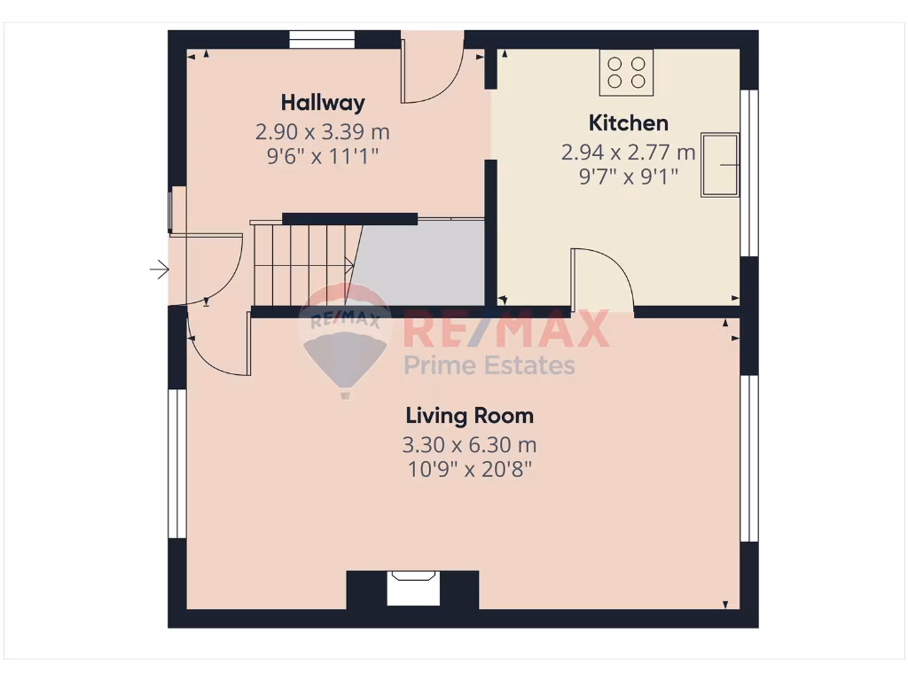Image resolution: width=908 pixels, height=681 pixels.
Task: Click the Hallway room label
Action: [323, 103]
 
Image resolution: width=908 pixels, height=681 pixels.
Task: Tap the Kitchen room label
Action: [628, 122]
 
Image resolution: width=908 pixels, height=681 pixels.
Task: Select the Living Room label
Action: [469, 415]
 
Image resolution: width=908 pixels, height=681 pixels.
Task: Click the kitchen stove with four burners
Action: [626, 72]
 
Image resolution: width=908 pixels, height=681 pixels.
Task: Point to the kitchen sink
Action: [720, 165]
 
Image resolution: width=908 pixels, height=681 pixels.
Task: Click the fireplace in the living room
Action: [414, 589]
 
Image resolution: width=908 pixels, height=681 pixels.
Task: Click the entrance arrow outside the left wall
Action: [160, 269]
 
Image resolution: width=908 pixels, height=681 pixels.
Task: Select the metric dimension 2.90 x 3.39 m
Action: [323, 132]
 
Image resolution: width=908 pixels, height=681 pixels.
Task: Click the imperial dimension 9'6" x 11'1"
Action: [323, 156]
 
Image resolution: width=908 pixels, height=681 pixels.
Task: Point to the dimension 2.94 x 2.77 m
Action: [628, 153]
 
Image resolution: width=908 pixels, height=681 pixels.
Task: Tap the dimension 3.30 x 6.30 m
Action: [469, 444]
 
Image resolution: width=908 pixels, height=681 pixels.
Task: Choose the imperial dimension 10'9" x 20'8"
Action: [469, 468]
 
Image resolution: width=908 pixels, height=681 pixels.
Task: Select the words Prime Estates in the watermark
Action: [489, 364]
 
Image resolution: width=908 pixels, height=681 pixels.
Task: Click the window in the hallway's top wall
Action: [322, 39]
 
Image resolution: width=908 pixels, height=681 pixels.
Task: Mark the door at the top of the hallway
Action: [432, 67]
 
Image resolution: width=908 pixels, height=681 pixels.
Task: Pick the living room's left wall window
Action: [177, 463]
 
